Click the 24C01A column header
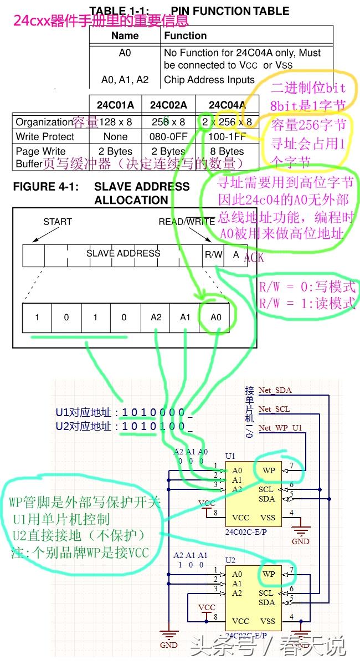[x=115, y=105]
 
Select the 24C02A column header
[x=168, y=105]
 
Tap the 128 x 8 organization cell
[x=115, y=122]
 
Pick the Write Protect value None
[x=115, y=136]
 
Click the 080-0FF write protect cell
[x=168, y=136]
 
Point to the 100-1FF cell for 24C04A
[x=227, y=136]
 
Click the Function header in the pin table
[x=185, y=35]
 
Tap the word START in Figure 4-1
[x=58, y=222]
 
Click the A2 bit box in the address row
[x=156, y=318]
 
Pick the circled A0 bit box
[x=215, y=318]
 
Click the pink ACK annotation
[x=254, y=258]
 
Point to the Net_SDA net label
[x=275, y=391]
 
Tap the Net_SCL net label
[x=274, y=410]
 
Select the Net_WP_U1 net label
[x=281, y=428]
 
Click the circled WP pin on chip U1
[x=269, y=470]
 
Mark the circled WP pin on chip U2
[x=269, y=574]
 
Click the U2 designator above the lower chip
[x=230, y=560]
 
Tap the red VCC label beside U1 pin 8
[x=207, y=503]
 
